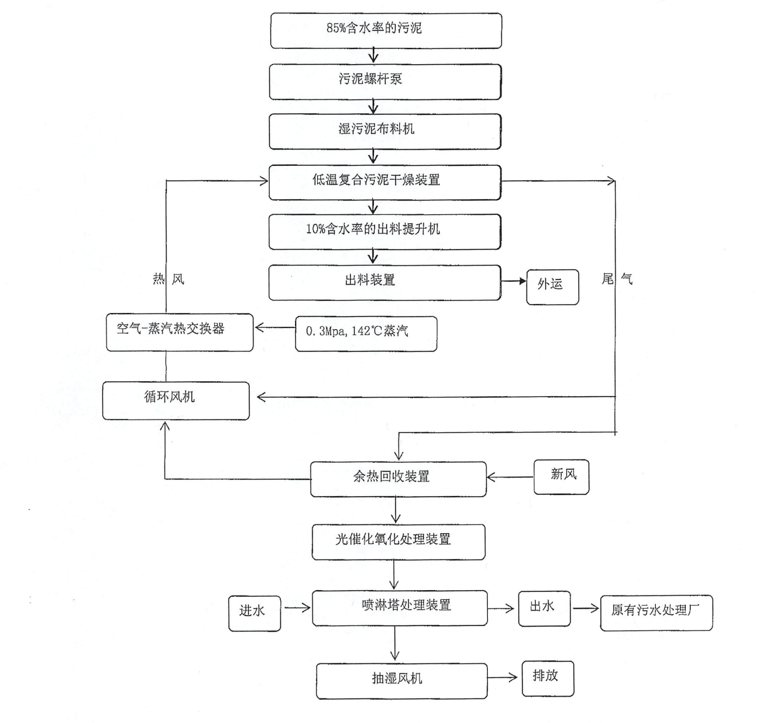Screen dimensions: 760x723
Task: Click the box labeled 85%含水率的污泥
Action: point(386,31)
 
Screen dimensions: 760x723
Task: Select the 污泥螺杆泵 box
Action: point(385,81)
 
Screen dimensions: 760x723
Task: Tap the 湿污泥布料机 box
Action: point(385,131)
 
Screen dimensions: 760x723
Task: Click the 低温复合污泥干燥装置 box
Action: point(385,182)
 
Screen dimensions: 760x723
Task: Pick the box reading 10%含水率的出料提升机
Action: point(385,232)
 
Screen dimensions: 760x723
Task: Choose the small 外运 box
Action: point(552,287)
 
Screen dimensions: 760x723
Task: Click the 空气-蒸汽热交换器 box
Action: point(180,332)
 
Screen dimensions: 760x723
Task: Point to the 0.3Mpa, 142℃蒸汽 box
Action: point(366,333)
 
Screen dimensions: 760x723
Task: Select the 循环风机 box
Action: point(176,400)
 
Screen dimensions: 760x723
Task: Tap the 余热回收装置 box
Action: point(398,479)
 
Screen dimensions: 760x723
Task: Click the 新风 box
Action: point(561,477)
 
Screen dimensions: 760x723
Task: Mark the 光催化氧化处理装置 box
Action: point(399,542)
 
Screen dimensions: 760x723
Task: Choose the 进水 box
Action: point(254,613)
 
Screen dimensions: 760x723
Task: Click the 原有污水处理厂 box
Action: point(656,613)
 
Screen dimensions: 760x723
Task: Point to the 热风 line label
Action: point(169,279)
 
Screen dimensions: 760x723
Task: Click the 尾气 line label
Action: point(617,278)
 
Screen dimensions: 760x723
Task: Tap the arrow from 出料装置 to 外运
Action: point(514,281)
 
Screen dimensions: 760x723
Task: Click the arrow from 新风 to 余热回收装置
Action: point(510,477)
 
